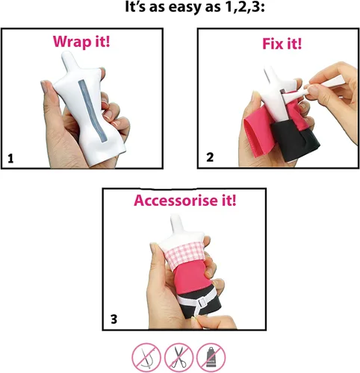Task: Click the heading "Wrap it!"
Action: click(x=81, y=42)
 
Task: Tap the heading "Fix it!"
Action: click(x=282, y=44)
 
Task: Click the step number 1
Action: click(x=10, y=159)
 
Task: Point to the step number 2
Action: click(x=210, y=157)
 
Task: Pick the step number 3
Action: click(x=114, y=319)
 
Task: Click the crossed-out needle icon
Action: click(x=146, y=357)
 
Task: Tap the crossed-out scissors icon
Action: click(x=179, y=357)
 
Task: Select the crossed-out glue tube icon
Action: click(x=211, y=357)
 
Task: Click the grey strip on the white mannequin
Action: click(x=91, y=110)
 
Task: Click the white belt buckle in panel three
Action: click(x=202, y=302)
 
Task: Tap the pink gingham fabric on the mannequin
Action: click(x=185, y=253)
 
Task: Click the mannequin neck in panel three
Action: click(x=179, y=225)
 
